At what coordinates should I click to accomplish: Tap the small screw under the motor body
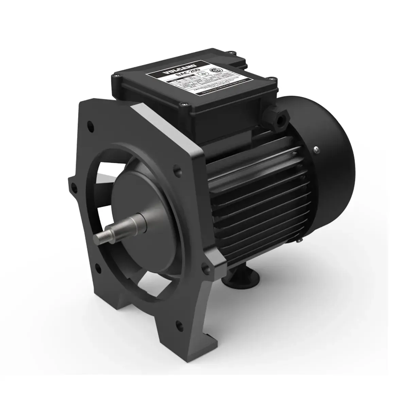(299, 241)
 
